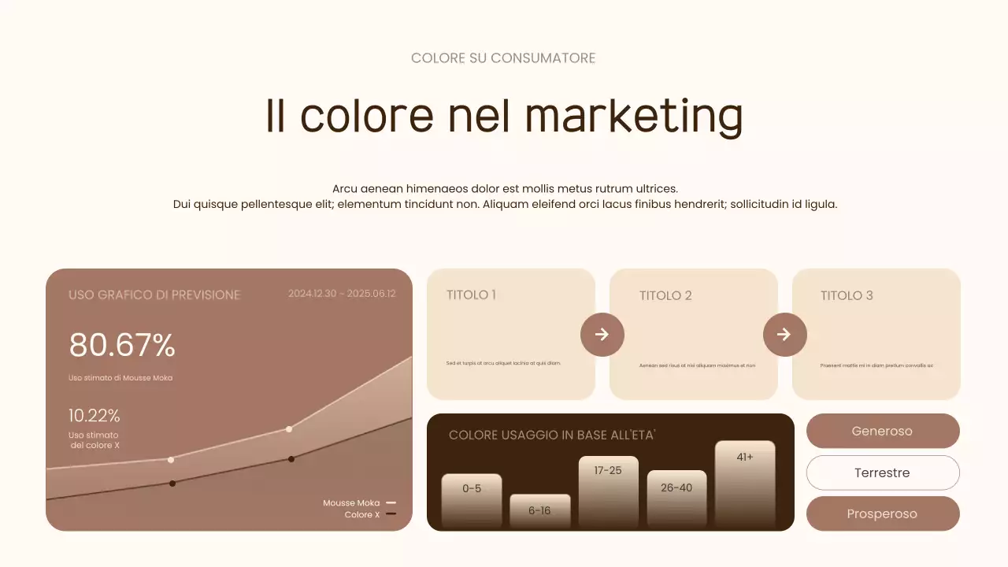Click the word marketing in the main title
click(x=633, y=117)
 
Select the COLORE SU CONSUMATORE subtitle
click(x=503, y=58)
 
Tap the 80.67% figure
click(x=122, y=346)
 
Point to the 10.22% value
click(x=94, y=416)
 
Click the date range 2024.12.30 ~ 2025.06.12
click(x=342, y=294)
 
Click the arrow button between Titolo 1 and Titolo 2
click(x=602, y=335)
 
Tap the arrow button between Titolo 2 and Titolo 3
click(x=785, y=335)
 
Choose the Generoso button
click(x=883, y=432)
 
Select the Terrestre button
click(x=883, y=473)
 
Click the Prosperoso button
click(x=883, y=514)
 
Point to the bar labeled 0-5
click(x=472, y=500)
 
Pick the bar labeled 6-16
click(x=539, y=511)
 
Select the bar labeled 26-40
click(x=676, y=498)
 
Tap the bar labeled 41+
click(x=745, y=483)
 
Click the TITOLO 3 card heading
click(x=847, y=295)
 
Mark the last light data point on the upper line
click(x=289, y=429)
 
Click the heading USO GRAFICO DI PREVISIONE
click(x=154, y=295)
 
